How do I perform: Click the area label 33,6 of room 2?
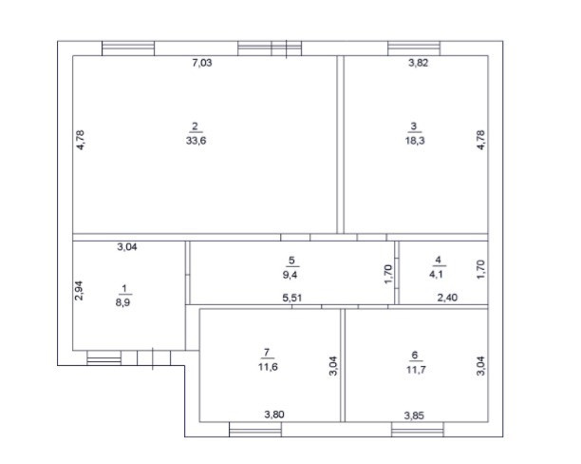(x=196, y=141)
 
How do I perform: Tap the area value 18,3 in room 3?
(x=415, y=141)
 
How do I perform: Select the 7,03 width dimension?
(x=202, y=63)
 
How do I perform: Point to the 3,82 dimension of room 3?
(x=419, y=63)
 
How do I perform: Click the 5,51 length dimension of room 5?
(x=292, y=298)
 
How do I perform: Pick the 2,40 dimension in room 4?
(x=447, y=298)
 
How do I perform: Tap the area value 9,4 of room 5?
(x=290, y=275)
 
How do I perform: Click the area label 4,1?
(x=437, y=275)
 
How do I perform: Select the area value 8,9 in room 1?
(x=122, y=302)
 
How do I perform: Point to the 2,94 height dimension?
(x=79, y=291)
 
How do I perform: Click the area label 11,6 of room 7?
(x=268, y=367)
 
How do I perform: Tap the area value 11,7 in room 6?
(x=416, y=370)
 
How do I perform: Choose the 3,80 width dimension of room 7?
(x=274, y=415)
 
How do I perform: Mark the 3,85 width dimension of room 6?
(x=414, y=416)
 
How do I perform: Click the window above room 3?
(x=414, y=48)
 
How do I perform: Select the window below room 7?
(x=255, y=430)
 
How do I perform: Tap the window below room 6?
(x=418, y=430)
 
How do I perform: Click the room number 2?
(x=195, y=126)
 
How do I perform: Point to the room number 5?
(x=291, y=261)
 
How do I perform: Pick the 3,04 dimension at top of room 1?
(x=127, y=247)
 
